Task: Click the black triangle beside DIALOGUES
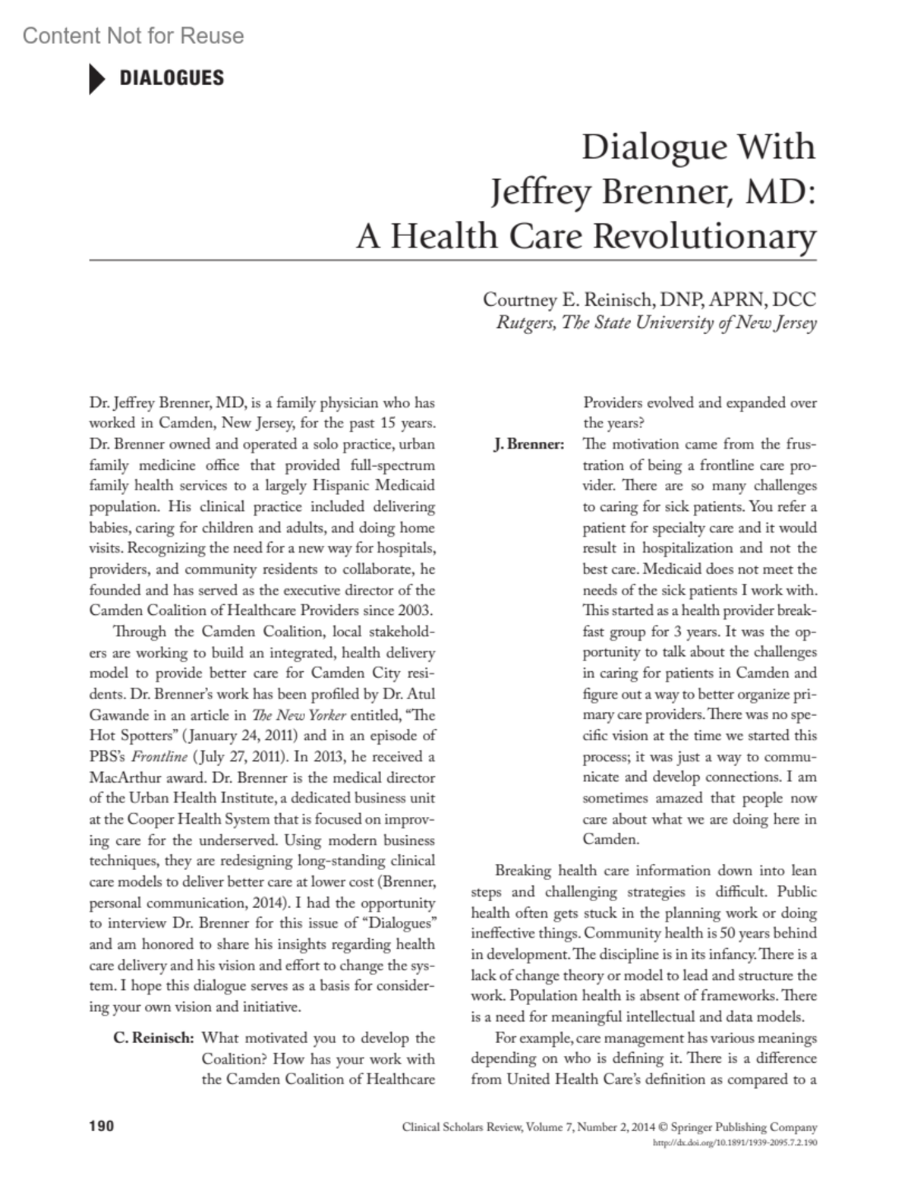click(x=97, y=79)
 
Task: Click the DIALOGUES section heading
click(x=172, y=78)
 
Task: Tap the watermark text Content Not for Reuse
click(x=134, y=36)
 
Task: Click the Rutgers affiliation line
click(x=656, y=323)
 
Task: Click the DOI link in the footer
click(x=735, y=1142)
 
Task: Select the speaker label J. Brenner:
click(x=528, y=444)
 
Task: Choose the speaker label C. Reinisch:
click(x=153, y=1038)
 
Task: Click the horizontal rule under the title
click(x=452, y=260)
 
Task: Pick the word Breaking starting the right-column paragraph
click(x=523, y=871)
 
